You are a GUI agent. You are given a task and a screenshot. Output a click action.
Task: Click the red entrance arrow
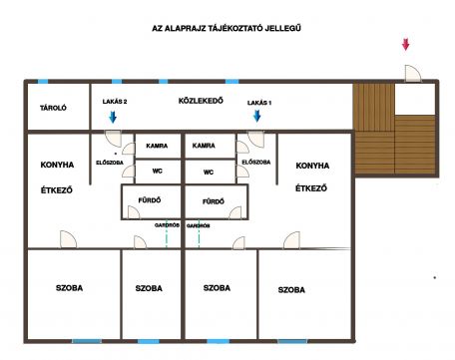pos(405,45)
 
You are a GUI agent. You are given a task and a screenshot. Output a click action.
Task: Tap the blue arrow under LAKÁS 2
pos(113,117)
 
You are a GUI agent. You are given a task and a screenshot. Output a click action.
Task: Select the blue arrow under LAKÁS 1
pos(256,116)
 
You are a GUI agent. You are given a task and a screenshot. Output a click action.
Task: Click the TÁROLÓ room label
pos(53,108)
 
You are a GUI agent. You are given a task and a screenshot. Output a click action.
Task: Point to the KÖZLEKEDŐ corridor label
pos(201,101)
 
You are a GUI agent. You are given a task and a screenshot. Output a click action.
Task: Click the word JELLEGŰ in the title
pos(283,28)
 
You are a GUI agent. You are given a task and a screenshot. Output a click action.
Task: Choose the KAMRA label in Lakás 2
pos(157,146)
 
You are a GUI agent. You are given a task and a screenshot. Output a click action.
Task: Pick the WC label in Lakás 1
pos(209,173)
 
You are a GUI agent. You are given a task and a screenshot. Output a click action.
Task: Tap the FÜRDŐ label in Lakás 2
pos(150,200)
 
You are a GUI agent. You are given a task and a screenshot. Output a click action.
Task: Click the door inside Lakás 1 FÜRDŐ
pos(235,212)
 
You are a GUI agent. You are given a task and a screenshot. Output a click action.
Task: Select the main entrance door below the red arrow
pos(412,74)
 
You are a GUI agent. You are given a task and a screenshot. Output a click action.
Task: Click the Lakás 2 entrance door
pos(114,139)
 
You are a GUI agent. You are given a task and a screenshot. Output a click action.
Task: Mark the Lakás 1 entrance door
pos(255,139)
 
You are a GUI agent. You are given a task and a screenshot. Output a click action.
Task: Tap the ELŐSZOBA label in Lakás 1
pos(256,163)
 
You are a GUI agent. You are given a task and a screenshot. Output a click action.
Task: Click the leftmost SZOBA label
pos(69,288)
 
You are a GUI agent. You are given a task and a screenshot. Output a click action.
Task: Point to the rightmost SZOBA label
pos(291,290)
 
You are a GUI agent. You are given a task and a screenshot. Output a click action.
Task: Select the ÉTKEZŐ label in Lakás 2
pos(57,190)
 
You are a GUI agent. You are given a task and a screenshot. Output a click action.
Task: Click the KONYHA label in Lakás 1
pos(312,166)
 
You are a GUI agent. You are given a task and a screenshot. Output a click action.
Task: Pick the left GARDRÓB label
pos(167,225)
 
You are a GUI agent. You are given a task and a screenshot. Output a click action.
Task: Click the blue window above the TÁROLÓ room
pos(43,82)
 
